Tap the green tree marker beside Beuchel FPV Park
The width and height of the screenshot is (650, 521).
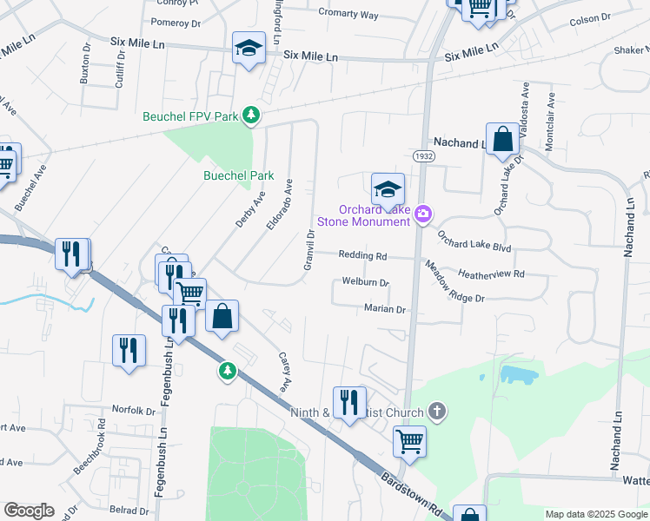(x=251, y=115)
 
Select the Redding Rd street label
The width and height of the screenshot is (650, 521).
(x=363, y=256)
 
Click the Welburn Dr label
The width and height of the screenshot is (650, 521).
(x=365, y=282)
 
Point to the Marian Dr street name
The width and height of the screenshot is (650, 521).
(x=385, y=309)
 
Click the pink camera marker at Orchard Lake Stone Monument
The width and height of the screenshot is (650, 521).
(x=423, y=214)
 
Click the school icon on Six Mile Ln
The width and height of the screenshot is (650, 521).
(x=249, y=49)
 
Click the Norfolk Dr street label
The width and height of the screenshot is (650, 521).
(x=133, y=409)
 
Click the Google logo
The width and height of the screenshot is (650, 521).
(x=30, y=511)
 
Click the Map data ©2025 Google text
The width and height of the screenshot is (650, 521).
(x=595, y=514)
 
